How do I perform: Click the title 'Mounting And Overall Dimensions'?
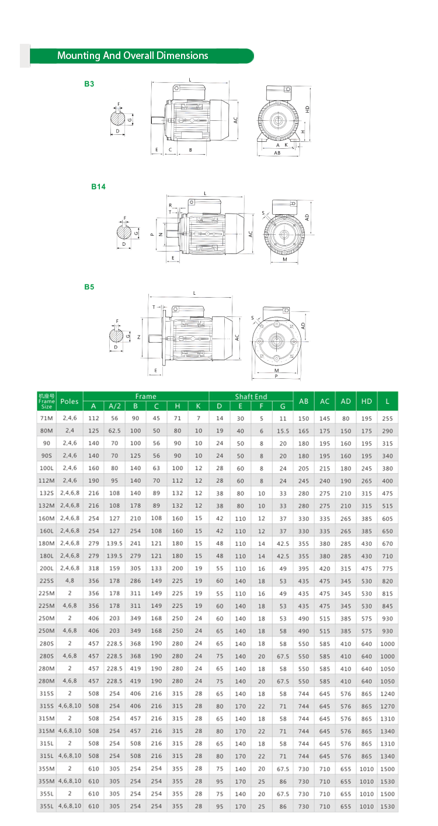[133, 56]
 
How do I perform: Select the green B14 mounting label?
[98, 187]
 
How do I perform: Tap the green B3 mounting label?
[89, 84]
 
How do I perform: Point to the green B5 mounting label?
[89, 287]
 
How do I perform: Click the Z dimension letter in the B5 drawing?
[138, 337]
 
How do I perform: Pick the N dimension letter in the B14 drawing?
[161, 235]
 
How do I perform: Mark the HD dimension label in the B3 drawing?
[307, 109]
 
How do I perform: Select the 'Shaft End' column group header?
[251, 396]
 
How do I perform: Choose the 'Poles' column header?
[69, 402]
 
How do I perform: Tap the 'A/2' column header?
[114, 406]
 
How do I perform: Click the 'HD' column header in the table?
[366, 402]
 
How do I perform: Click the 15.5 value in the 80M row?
[283, 431]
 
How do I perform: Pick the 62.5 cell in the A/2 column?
[114, 431]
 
